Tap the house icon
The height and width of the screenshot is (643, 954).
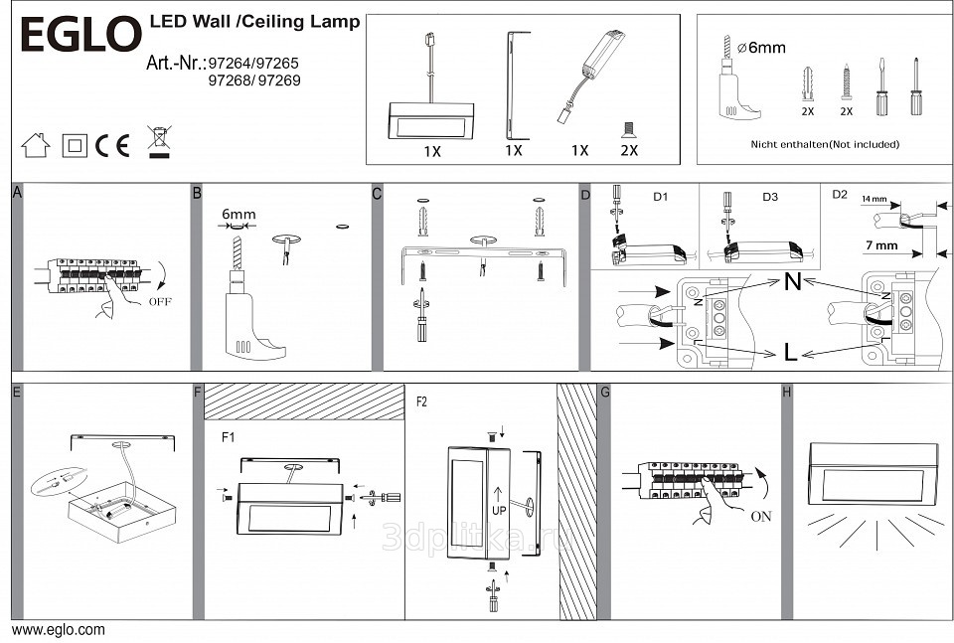[35, 145]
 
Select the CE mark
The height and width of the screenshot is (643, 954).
[113, 145]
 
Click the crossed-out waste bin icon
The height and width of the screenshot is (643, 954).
[157, 142]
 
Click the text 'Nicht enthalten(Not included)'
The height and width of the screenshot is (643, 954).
[825, 144]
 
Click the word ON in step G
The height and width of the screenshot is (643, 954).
[762, 516]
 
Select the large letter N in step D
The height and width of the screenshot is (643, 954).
[792, 282]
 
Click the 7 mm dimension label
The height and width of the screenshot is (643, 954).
[880, 245]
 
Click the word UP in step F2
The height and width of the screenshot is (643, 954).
[499, 508]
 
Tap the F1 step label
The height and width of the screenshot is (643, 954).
[229, 436]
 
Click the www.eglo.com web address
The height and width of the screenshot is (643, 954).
[58, 629]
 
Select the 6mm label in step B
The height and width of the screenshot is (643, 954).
[238, 214]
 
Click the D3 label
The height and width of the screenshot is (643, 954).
[770, 197]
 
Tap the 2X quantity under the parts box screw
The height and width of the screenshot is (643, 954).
[628, 150]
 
